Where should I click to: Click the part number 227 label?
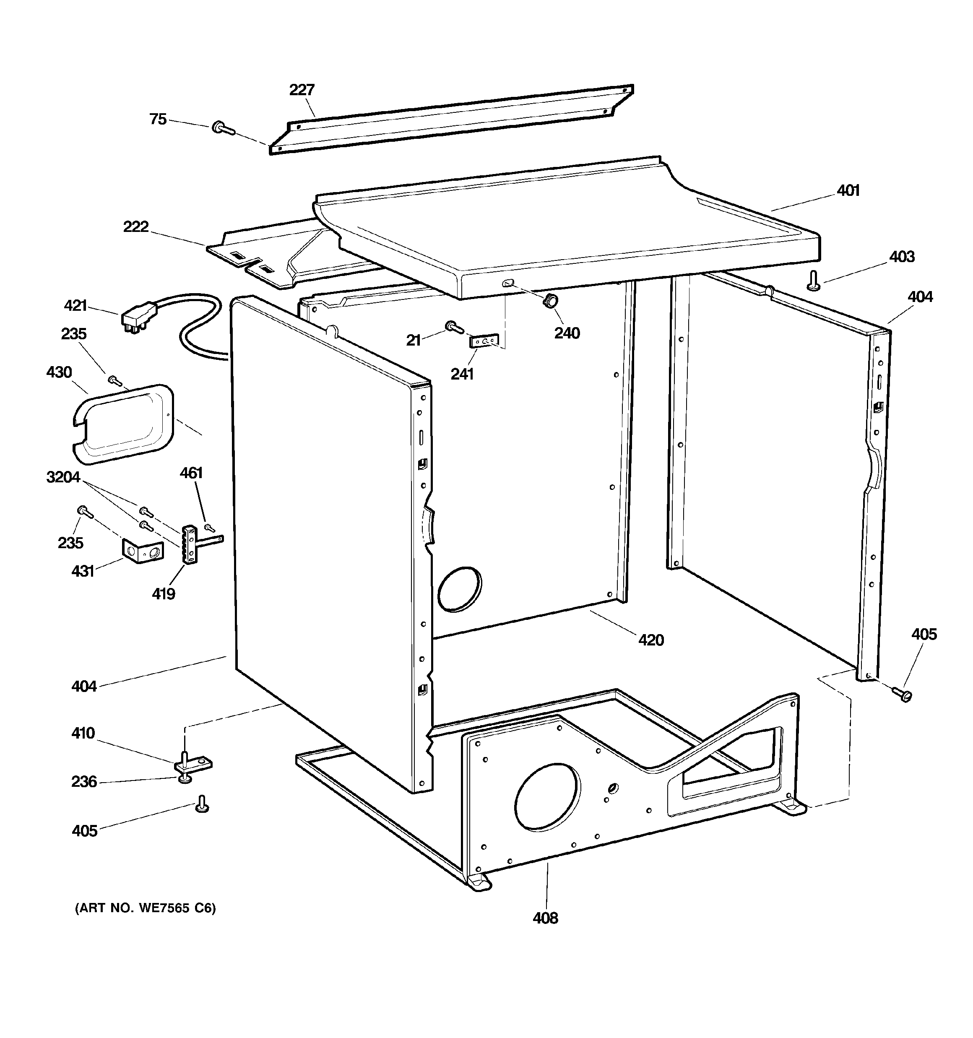[302, 90]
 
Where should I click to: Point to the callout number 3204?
[63, 477]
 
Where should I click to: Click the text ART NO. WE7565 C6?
[145, 908]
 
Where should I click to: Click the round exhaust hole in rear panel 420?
[460, 588]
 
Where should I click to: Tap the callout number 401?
[848, 190]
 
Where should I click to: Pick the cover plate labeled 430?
[123, 424]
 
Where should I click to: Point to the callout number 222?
[136, 226]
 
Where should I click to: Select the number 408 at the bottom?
[545, 918]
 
